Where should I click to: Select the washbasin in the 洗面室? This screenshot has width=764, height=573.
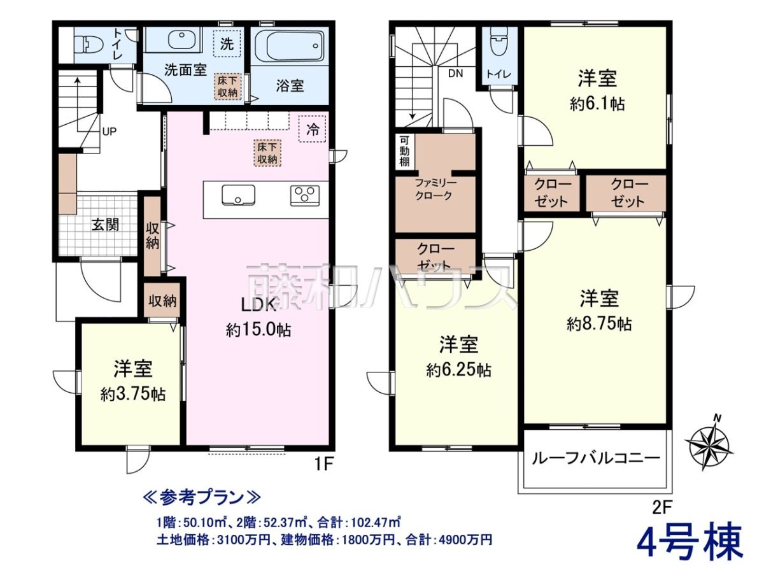(180, 40)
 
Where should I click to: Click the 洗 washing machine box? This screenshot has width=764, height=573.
(227, 44)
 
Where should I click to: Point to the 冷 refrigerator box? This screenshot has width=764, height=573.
(312, 129)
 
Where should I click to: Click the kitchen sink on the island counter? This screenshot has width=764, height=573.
(238, 195)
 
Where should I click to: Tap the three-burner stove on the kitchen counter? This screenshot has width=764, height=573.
(305, 196)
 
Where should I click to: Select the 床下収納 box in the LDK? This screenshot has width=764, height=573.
(267, 153)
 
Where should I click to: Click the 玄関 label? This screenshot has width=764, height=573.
(105, 225)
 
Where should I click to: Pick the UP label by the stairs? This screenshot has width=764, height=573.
(109, 132)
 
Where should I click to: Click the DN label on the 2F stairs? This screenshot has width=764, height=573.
(455, 74)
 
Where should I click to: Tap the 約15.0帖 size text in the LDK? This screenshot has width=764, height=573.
(258, 329)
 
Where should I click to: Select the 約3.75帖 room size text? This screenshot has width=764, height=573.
(133, 395)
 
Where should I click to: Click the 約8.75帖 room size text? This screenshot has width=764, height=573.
(599, 324)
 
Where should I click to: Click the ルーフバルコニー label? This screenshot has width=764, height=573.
(595, 458)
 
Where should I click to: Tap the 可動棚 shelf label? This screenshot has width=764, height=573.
(404, 152)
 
